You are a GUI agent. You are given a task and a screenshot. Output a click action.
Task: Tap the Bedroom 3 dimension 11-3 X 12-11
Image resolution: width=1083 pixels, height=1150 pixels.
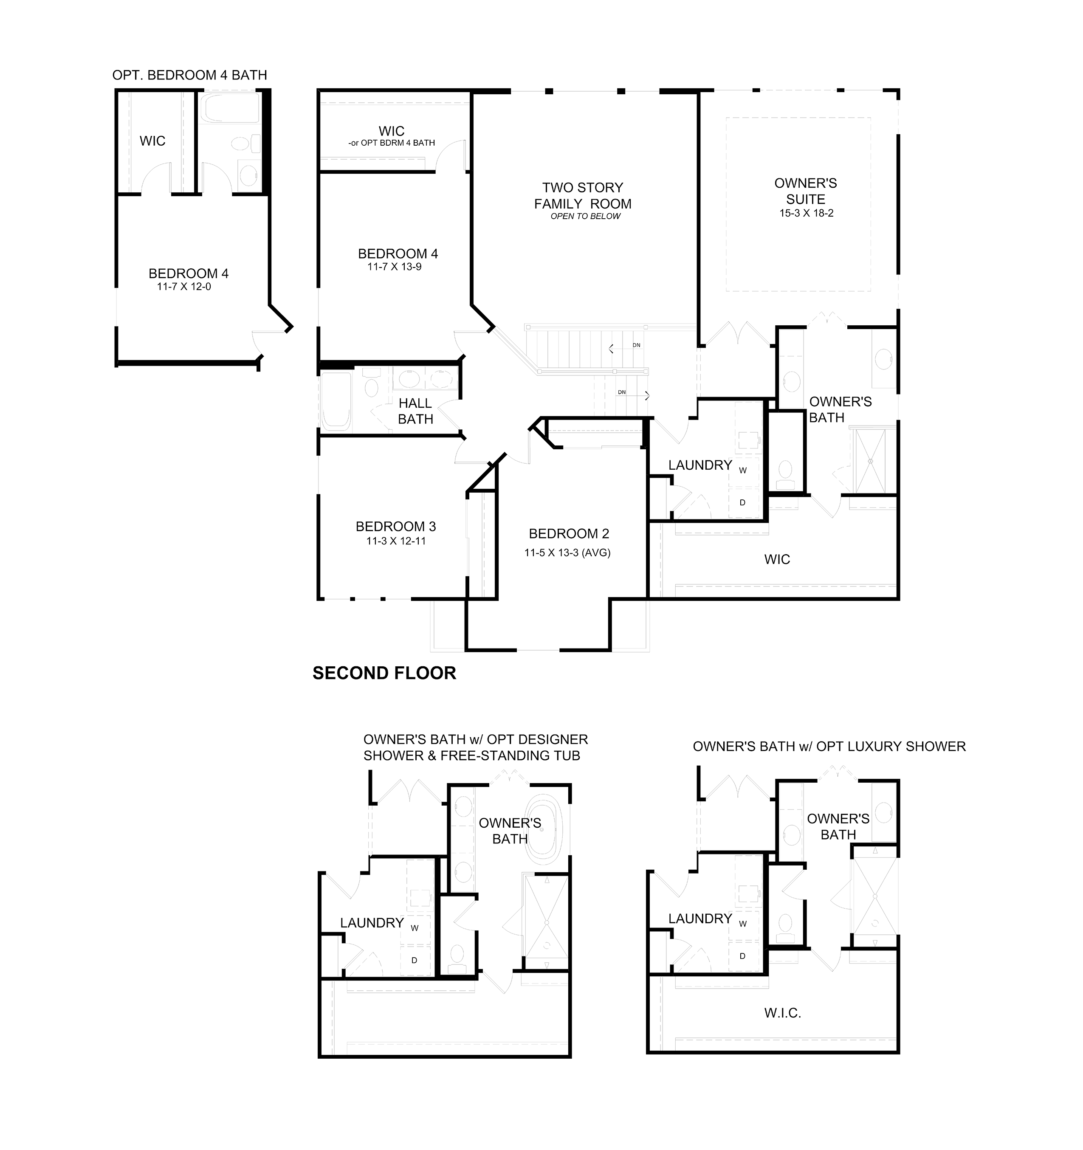[396, 541]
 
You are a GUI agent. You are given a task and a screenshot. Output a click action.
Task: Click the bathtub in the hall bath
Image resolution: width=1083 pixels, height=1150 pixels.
[336, 401]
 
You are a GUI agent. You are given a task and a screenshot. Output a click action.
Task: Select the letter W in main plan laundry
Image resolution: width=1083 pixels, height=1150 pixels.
[743, 470]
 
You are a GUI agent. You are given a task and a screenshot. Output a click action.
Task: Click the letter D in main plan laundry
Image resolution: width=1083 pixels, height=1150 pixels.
[743, 502]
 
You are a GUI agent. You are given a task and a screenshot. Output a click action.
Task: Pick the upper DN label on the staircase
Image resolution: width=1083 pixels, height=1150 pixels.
[636, 345]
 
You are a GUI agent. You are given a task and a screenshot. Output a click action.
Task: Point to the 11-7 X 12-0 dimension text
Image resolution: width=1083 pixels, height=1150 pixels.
[184, 287]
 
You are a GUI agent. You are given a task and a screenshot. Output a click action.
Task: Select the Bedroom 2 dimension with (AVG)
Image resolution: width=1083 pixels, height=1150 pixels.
[567, 552]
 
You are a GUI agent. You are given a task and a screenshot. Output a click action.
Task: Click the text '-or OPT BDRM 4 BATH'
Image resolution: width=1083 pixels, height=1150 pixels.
[392, 143]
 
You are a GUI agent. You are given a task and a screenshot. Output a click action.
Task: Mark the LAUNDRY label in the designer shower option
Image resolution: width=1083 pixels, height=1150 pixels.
[372, 923]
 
